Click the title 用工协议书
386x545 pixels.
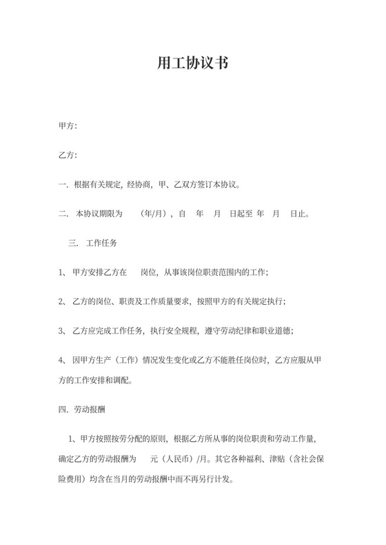[x=193, y=64]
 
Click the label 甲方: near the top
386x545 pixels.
[x=68, y=126]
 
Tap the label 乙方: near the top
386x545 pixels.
[x=68, y=155]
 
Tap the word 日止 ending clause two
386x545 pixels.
[x=297, y=214]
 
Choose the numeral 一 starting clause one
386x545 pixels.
[x=61, y=184]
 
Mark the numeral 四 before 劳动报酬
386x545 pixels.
[x=61, y=410]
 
